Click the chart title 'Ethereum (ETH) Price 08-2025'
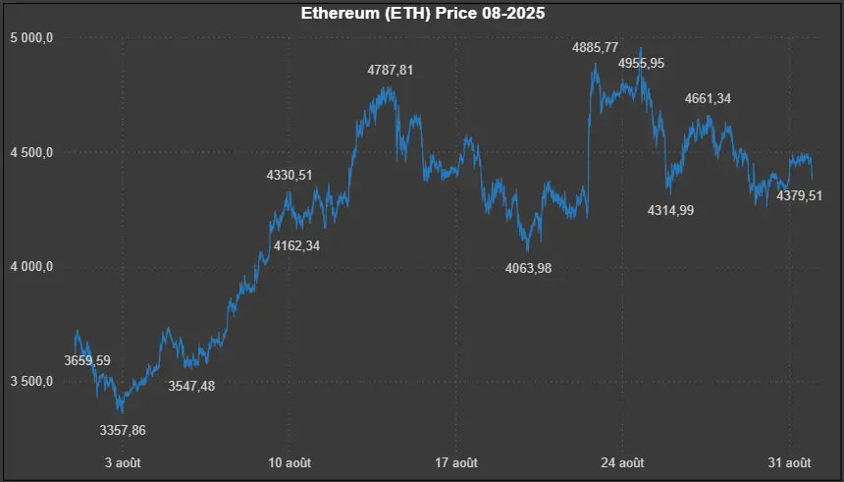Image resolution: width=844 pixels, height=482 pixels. [422, 15]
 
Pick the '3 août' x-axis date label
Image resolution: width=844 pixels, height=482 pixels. [123, 462]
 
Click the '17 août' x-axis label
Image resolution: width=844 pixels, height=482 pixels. [456, 462]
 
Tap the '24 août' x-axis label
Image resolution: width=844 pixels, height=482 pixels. [622, 462]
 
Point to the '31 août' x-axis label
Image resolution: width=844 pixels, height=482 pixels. [789, 462]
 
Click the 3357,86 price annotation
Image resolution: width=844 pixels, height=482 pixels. [130, 430]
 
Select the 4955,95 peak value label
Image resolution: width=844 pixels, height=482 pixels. [641, 64]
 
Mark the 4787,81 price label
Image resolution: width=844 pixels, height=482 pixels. [391, 71]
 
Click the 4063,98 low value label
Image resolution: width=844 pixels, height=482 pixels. [528, 268]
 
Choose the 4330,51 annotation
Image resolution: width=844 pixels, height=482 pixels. [290, 176]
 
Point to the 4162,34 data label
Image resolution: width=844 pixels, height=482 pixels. [296, 245]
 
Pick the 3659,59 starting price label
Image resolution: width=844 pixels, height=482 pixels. [87, 360]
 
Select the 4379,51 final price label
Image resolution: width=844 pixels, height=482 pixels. [799, 196]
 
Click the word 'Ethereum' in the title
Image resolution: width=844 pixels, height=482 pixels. [335, 15]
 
